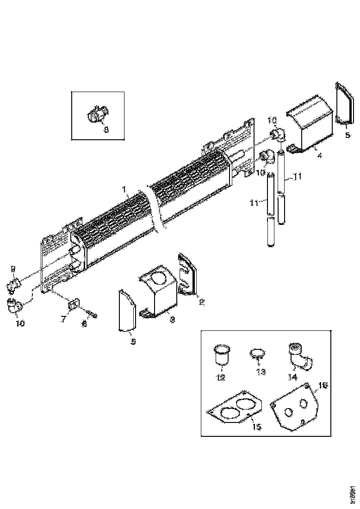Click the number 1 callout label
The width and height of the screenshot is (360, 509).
(124, 189)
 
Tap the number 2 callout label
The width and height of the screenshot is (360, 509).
(201, 302)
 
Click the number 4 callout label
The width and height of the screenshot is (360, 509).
(319, 155)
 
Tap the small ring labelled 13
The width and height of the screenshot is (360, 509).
(257, 354)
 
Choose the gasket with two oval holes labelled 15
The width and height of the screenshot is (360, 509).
(234, 408)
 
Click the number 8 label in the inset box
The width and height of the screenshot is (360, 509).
(106, 130)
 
